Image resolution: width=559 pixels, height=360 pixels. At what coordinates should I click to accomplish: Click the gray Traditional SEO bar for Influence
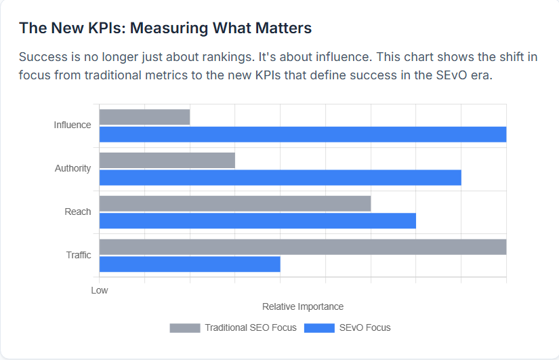coord(144,117)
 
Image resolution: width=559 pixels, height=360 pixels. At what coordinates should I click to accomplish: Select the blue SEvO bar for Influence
coord(303,134)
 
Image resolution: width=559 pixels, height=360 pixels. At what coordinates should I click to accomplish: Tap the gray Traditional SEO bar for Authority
coord(167,160)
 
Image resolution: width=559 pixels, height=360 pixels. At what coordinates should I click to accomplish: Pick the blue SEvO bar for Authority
coord(280,178)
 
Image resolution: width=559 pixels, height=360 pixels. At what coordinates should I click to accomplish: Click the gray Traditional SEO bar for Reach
coord(235,203)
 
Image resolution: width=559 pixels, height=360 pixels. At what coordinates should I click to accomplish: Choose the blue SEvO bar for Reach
coord(257,221)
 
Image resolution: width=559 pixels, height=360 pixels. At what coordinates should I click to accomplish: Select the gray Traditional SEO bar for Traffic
coord(303,247)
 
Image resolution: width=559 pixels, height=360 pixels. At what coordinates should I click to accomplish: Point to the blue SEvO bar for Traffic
coord(190,264)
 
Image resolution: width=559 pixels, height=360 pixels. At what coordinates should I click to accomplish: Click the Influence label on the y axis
coord(73,125)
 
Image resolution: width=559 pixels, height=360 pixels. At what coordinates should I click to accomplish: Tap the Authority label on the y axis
coord(73,168)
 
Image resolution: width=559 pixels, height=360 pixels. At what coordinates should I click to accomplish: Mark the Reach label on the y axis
coord(77,212)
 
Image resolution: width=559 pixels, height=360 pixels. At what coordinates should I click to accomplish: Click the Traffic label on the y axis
coord(79,255)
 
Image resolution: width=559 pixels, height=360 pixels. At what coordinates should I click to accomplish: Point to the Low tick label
coord(100,290)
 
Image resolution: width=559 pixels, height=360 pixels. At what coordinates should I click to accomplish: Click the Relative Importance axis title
coord(303,306)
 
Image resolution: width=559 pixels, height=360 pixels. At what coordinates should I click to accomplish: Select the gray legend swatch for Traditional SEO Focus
coord(185,328)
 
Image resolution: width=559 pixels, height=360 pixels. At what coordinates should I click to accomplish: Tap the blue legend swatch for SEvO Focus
coord(320,328)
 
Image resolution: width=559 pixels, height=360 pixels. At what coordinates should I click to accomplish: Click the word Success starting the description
coord(43,57)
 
